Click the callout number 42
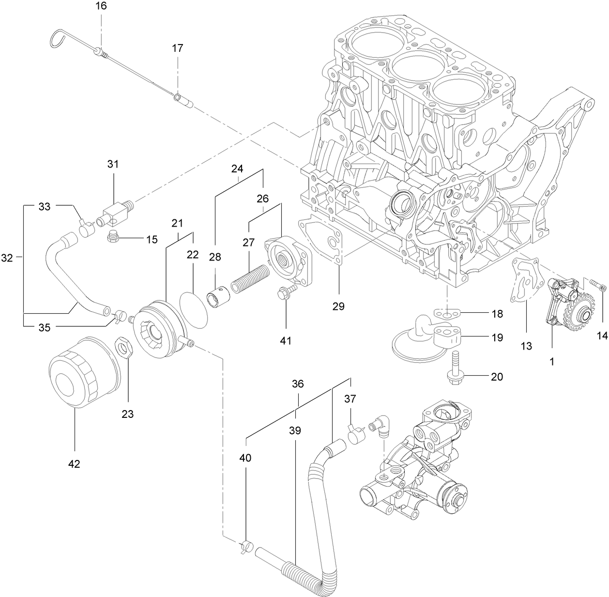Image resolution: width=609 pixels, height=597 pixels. (x=74, y=463)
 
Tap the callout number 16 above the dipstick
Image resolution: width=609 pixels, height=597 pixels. (x=101, y=6)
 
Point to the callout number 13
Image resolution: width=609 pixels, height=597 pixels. (x=526, y=346)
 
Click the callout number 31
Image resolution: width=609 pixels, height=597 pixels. (x=113, y=164)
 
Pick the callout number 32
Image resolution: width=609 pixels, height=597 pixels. (x=7, y=258)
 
